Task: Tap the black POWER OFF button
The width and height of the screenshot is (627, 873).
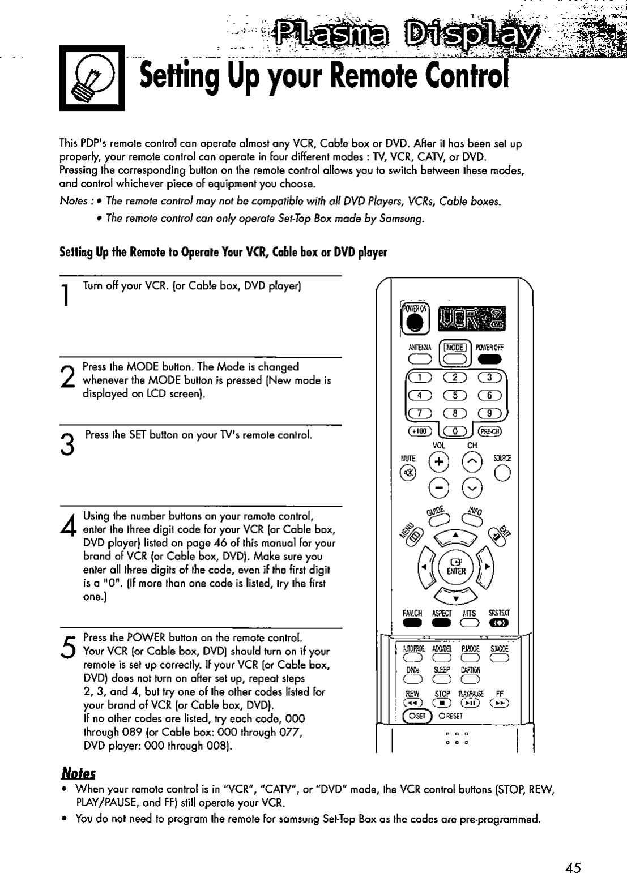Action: tap(491, 361)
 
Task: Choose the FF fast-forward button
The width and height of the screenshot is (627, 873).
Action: tap(499, 703)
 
